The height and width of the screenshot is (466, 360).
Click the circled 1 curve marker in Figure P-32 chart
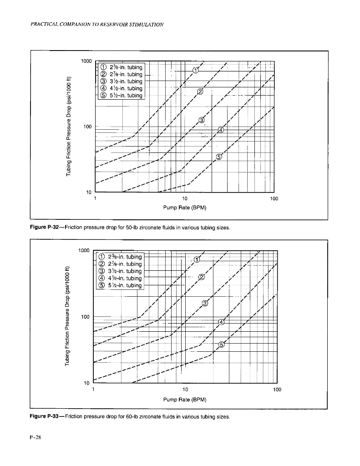click(196, 70)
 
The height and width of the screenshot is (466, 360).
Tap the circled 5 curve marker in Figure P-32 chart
click(218, 157)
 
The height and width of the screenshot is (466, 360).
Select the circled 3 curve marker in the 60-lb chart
click(205, 304)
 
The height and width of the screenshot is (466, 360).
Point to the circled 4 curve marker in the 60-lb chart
click(222, 322)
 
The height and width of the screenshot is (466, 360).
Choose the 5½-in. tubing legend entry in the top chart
click(121, 96)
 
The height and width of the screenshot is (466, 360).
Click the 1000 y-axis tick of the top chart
click(86, 61)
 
